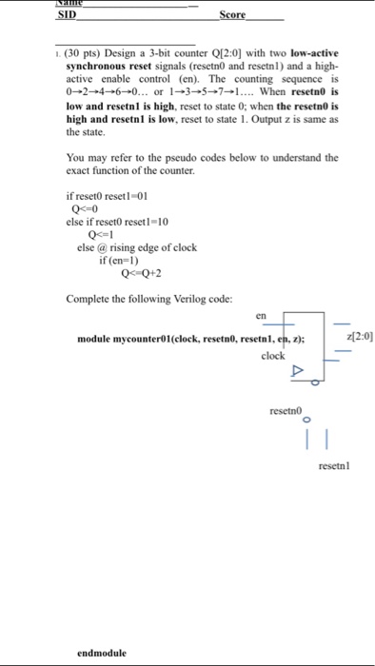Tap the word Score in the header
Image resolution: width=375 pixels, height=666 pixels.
click(232, 15)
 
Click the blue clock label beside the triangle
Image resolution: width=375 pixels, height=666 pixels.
click(273, 356)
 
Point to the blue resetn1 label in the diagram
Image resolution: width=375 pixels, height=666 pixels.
click(335, 466)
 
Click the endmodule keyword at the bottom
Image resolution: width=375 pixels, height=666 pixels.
click(102, 653)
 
